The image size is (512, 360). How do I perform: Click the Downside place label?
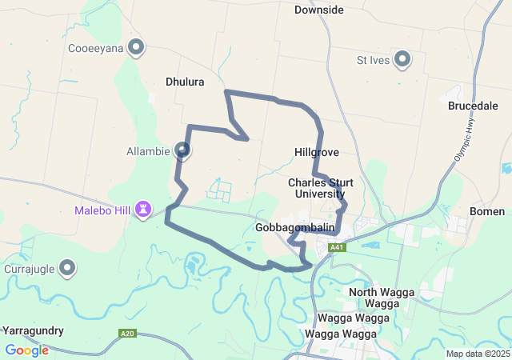[x=318, y=10]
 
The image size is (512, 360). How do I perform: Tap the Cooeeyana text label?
[x=95, y=48]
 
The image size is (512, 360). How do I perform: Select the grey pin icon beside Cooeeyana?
[x=136, y=47]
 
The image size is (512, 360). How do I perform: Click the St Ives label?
[x=374, y=60]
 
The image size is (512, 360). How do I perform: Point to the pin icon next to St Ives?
[x=402, y=59]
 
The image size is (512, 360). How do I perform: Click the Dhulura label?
[x=185, y=82]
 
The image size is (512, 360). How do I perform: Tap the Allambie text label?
[x=148, y=150]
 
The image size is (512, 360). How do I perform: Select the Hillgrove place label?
[x=317, y=151]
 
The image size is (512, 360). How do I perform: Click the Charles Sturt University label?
[x=319, y=188]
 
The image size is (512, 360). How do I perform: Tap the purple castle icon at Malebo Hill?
[x=143, y=210]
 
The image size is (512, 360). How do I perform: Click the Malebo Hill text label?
[x=102, y=211]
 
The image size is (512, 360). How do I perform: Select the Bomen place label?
[x=487, y=211]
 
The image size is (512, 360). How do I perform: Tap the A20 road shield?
[x=126, y=333]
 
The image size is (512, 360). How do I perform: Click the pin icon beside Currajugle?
[x=68, y=268]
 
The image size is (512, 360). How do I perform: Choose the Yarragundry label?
[x=33, y=330]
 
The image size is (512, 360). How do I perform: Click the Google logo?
[x=26, y=350]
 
